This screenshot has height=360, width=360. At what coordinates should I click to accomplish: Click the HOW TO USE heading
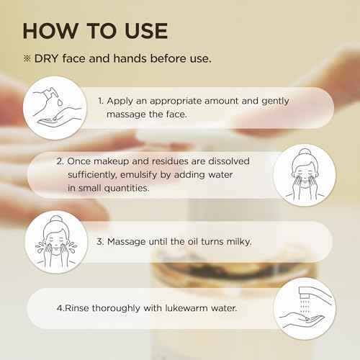click(95, 31)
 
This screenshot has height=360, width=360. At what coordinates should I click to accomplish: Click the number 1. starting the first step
click(101, 102)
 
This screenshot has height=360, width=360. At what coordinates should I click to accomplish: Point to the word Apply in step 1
click(120, 102)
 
